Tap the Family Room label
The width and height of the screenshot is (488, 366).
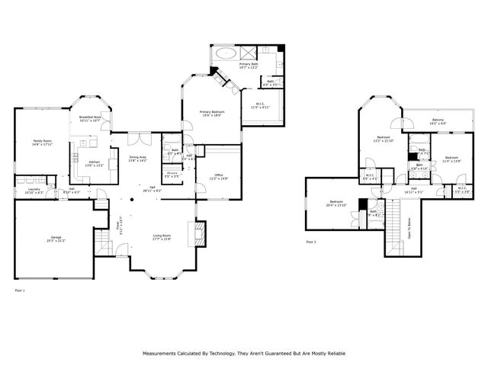tap(42, 143)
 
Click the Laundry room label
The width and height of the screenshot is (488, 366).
tap(34, 190)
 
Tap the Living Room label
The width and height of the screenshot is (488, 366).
tap(162, 238)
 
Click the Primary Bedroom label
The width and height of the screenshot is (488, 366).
tap(212, 114)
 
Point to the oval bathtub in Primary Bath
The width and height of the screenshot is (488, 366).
tap(226, 54)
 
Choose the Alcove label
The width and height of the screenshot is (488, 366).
tap(172, 174)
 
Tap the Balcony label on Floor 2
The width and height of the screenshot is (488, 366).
tap(438, 120)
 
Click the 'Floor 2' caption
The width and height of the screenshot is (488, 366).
tap(310, 242)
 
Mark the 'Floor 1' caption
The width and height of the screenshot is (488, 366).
tap(20, 291)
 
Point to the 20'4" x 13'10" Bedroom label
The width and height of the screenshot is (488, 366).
tap(336, 204)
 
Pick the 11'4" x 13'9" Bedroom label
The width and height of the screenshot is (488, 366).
tap(451, 159)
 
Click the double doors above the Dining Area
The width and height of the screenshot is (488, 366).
tap(134, 138)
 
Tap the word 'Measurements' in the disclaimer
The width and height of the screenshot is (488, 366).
tap(160, 354)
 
